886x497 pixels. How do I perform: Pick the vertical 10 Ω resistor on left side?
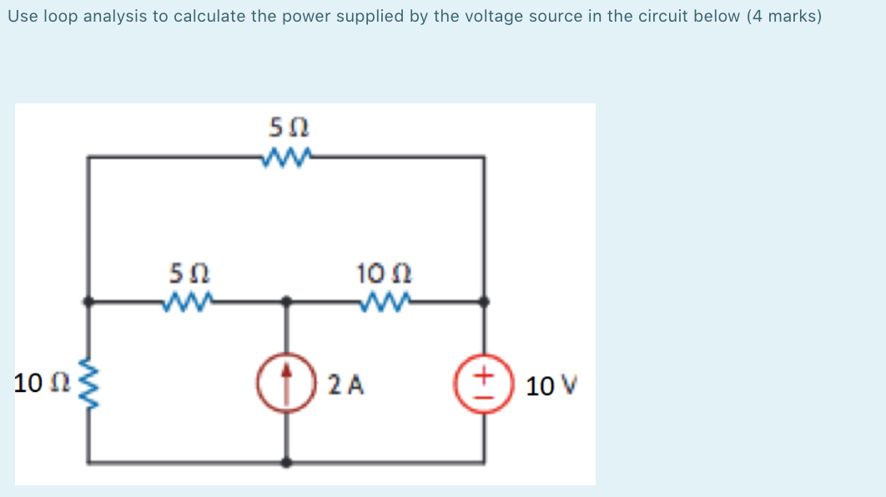click(x=87, y=384)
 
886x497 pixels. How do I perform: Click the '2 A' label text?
click(x=345, y=385)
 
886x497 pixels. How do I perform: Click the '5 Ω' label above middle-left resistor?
click(x=189, y=273)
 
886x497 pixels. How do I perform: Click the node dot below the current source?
click(x=288, y=461)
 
